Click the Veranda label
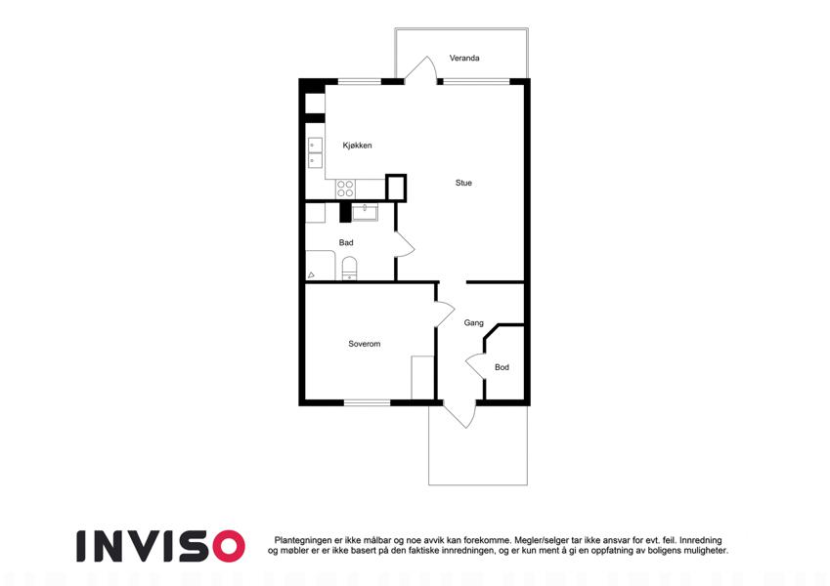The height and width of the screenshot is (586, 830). [x=464, y=58]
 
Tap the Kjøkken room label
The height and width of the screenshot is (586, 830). [x=357, y=145]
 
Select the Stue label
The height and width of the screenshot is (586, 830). [x=463, y=183]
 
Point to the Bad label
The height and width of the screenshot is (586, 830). [x=346, y=242]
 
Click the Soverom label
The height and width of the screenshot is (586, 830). [x=365, y=344]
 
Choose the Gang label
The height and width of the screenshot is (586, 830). [x=473, y=322]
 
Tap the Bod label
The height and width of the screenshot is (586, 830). [x=502, y=367]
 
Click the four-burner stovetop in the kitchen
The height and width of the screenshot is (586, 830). [x=345, y=188]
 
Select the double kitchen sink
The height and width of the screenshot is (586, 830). [x=315, y=152]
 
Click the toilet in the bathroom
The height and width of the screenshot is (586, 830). [x=349, y=268]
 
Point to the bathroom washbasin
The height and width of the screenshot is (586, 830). [x=365, y=213]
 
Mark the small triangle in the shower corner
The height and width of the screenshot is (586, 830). [x=311, y=275]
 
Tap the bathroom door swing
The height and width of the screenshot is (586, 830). [x=406, y=244]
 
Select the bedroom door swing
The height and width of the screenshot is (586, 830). [x=445, y=314]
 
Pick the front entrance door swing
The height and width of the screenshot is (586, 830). [x=459, y=415]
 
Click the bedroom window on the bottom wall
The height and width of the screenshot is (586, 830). [x=367, y=403]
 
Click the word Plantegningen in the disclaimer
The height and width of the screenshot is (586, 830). [x=303, y=540]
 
